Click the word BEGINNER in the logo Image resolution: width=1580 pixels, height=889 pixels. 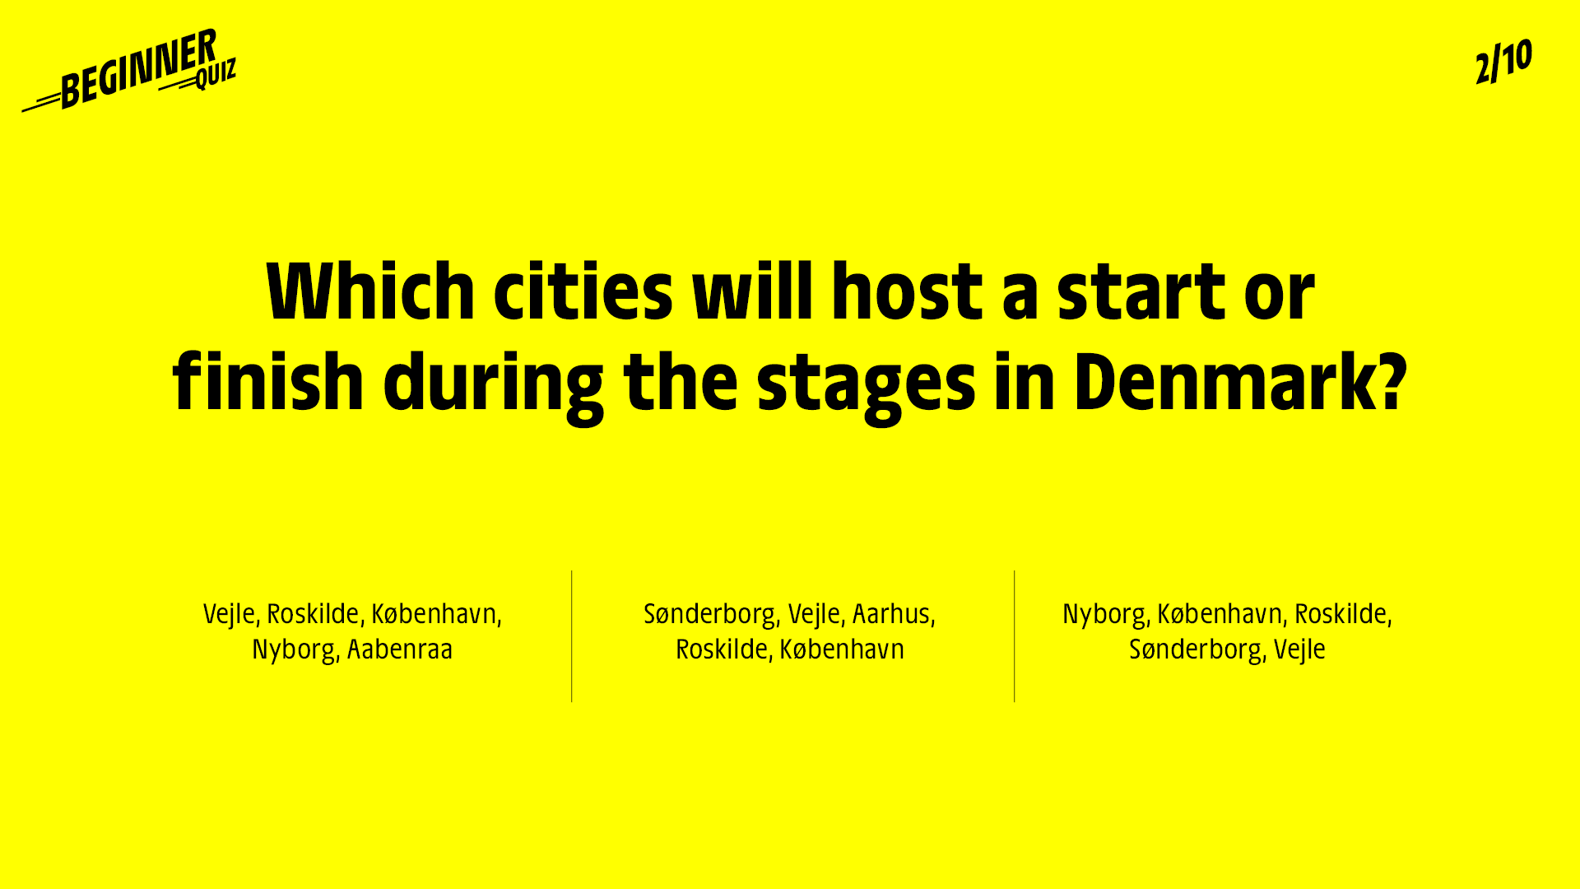pyautogui.click(x=138, y=69)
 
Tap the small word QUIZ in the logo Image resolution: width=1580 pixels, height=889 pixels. pyautogui.click(x=216, y=74)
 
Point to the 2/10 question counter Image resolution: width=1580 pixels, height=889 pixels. pyautogui.click(x=1503, y=61)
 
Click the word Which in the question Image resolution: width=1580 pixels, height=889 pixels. pyautogui.click(x=371, y=291)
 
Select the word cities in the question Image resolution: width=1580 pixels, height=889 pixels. pyautogui.click(x=583, y=291)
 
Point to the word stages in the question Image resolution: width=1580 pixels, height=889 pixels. pyautogui.click(x=866, y=387)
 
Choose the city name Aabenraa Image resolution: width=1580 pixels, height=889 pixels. pyautogui.click(x=400, y=649)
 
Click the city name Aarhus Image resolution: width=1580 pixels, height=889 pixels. pyautogui.click(x=890, y=614)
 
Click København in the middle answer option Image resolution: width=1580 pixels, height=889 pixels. pyautogui.click(x=842, y=649)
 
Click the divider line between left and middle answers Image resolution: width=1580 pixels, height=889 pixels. pyautogui.click(x=571, y=636)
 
